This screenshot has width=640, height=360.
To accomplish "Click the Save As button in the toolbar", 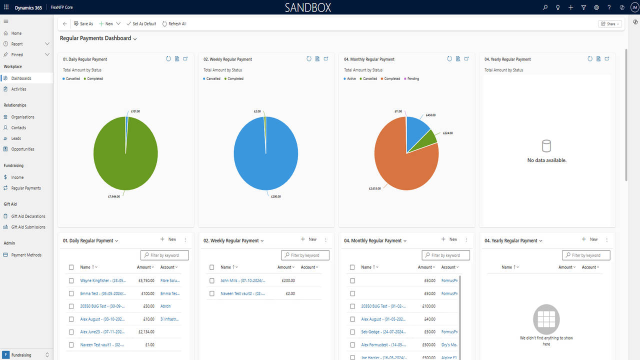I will pyautogui.click(x=83, y=24).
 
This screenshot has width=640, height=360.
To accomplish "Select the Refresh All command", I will pyautogui.click(x=174, y=24).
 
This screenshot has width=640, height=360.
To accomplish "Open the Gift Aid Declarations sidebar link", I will pyautogui.click(x=28, y=216).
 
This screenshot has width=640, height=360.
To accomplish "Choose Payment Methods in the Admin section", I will pyautogui.click(x=26, y=255).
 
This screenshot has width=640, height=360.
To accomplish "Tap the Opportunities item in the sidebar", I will pyautogui.click(x=23, y=149).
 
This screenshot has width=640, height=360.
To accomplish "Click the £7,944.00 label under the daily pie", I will pyautogui.click(x=114, y=197).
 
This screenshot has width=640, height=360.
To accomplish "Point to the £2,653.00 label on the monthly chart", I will pyautogui.click(x=374, y=188).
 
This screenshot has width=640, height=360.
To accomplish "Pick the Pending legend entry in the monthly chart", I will pyautogui.click(x=413, y=79).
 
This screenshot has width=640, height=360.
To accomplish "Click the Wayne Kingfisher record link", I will pyautogui.click(x=103, y=280).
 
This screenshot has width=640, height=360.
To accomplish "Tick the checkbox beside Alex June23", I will pyautogui.click(x=71, y=332).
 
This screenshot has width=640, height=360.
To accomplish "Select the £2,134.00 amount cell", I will pyautogui.click(x=146, y=332).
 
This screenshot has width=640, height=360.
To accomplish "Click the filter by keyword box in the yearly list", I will pyautogui.click(x=586, y=255).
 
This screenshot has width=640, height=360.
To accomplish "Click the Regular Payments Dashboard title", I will pyautogui.click(x=95, y=38).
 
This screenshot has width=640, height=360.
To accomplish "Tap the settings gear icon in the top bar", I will pyautogui.click(x=596, y=7).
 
